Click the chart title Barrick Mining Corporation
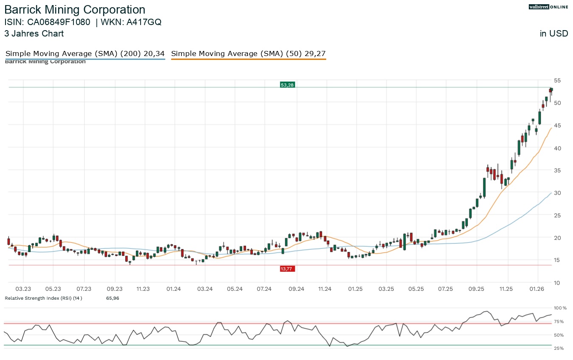click(75, 10)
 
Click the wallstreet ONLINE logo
click(548, 7)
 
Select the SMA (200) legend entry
click(85, 54)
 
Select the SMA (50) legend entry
click(248, 54)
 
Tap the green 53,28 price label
click(287, 85)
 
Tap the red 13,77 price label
click(287, 269)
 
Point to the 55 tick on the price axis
click(557, 80)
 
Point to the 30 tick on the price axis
click(557, 193)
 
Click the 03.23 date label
click(23, 289)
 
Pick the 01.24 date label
click(174, 289)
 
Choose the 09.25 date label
click(477, 289)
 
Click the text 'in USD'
click(554, 34)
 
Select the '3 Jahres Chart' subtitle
click(34, 34)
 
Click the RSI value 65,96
click(113, 298)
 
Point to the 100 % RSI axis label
click(560, 308)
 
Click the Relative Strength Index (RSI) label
click(43, 298)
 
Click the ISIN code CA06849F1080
click(59, 22)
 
